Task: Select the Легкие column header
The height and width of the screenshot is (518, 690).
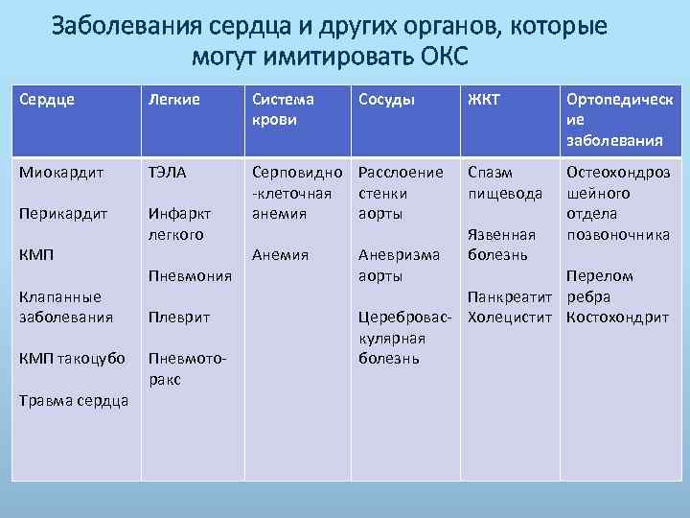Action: coord(172,100)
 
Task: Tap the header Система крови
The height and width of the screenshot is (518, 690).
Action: coord(282,109)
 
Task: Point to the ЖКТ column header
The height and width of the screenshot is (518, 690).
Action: coord(484,100)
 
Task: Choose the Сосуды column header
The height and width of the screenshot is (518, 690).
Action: coord(388,100)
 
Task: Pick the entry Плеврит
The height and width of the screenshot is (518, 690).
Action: coord(178,317)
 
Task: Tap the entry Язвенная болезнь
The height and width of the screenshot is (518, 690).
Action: coord(501,245)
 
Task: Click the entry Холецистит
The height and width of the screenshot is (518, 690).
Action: coord(511,317)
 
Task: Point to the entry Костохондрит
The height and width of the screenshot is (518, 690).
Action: coord(617,317)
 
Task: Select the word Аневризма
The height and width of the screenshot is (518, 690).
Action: coord(398,255)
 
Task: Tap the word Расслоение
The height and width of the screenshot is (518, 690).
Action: coord(400,173)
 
